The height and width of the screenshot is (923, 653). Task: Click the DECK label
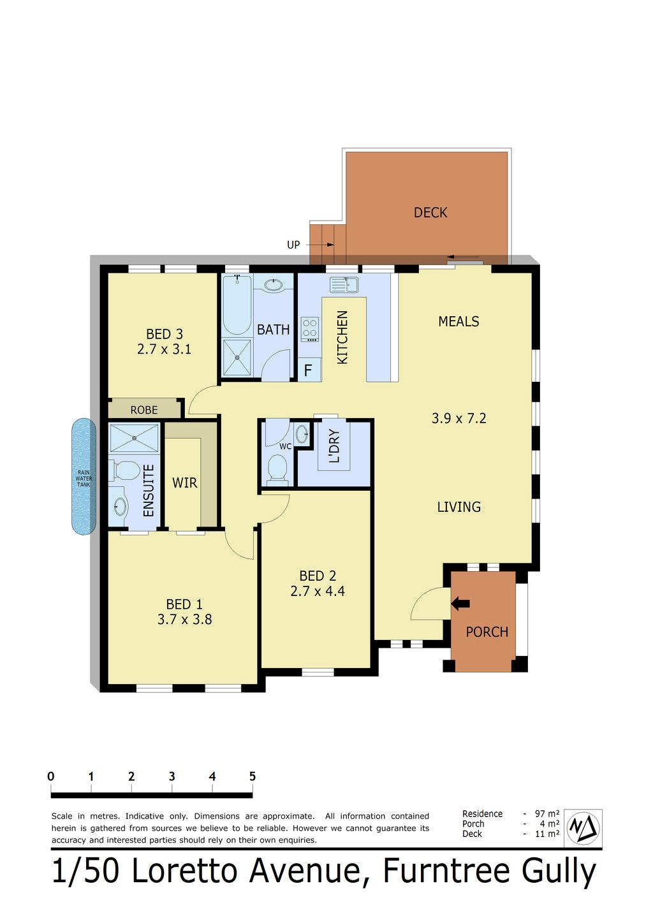[x=430, y=213]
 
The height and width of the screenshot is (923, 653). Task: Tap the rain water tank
[x=84, y=476]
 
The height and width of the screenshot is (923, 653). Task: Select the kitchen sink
[x=344, y=284]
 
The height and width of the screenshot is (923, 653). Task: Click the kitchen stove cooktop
[x=309, y=329]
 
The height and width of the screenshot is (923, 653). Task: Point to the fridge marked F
[x=309, y=370]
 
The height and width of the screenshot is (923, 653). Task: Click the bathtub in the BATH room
[x=237, y=305]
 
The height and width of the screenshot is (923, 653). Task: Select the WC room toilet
[x=277, y=468]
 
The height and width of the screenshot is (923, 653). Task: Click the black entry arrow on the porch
[x=460, y=604]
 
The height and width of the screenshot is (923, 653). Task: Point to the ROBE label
[x=144, y=410]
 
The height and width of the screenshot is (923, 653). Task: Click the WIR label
[x=185, y=483]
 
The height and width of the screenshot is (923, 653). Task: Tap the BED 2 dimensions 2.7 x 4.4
[x=318, y=592]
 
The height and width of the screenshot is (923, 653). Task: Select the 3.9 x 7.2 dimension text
[x=459, y=419]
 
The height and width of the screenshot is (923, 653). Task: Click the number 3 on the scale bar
[x=172, y=776]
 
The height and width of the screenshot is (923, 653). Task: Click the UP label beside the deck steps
[x=293, y=245]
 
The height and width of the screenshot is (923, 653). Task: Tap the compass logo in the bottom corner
[x=583, y=828]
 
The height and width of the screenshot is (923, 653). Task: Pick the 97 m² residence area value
[x=547, y=814]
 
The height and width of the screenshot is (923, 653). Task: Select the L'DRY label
[x=334, y=446]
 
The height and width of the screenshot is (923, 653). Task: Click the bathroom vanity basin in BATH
[x=273, y=285]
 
